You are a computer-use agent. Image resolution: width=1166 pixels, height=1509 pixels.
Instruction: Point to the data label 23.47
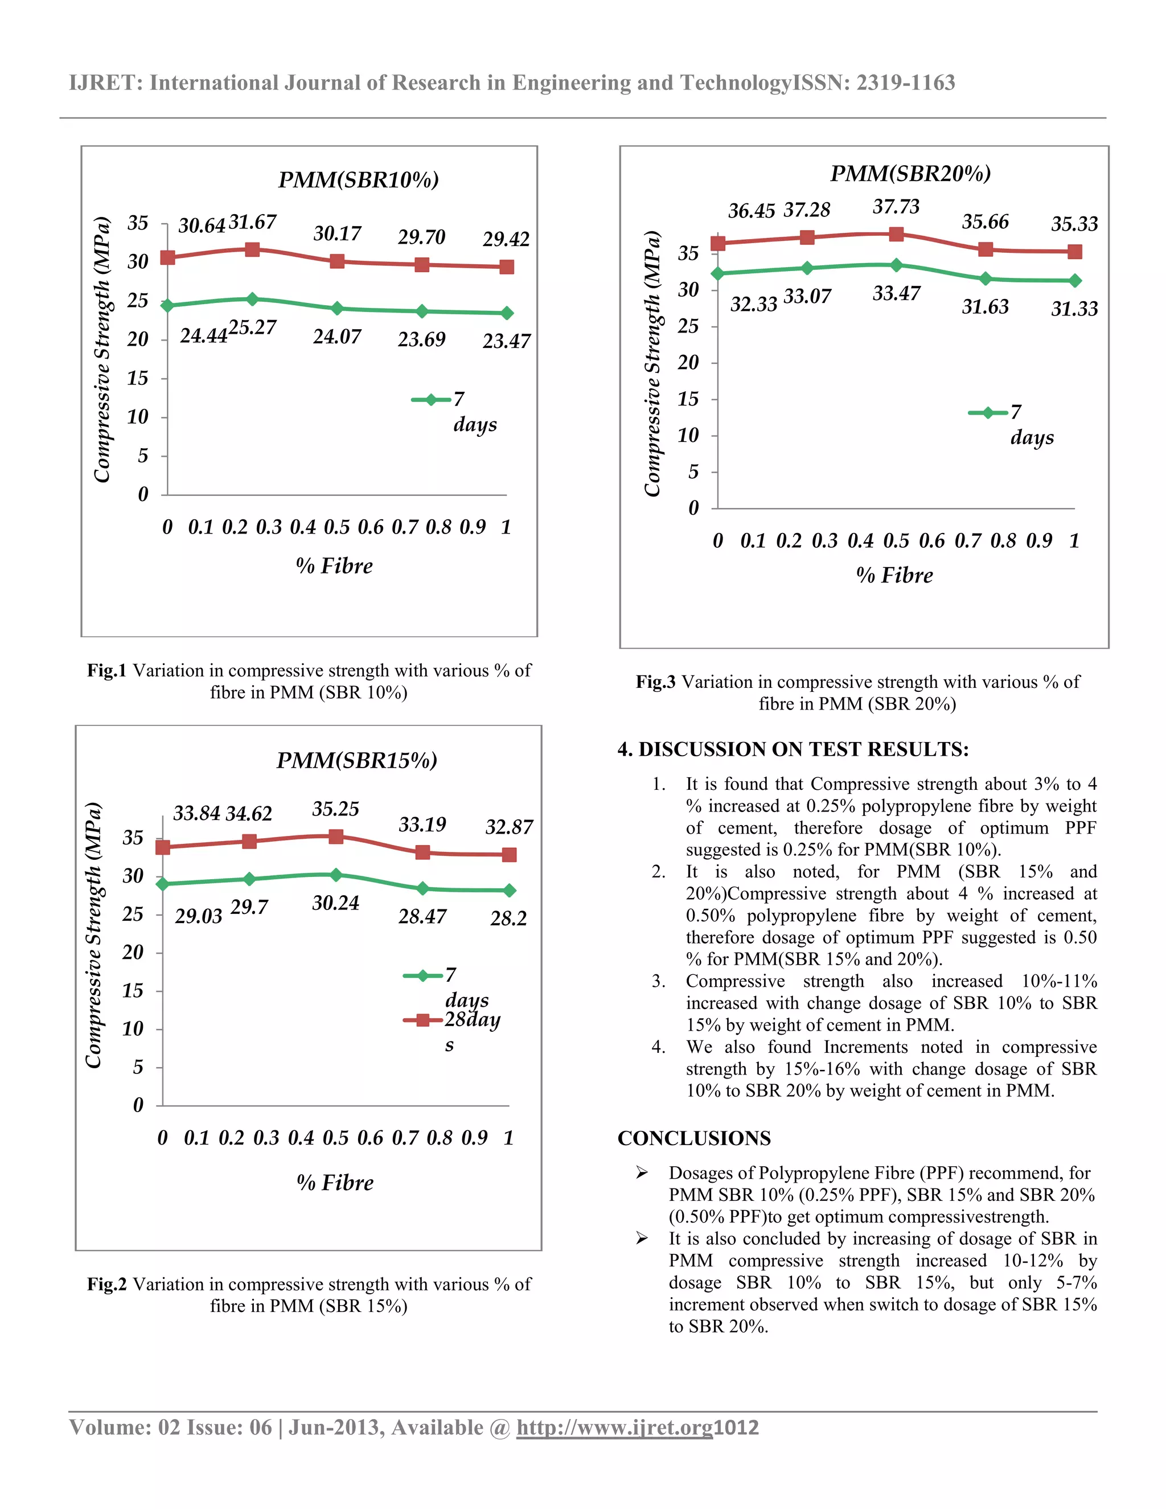click(506, 341)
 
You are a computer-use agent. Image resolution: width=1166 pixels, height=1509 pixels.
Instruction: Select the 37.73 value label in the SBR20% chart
click(896, 207)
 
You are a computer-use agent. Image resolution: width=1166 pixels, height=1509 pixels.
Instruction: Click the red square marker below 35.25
click(336, 836)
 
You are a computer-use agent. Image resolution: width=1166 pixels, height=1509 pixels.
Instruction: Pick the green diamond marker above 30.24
click(336, 875)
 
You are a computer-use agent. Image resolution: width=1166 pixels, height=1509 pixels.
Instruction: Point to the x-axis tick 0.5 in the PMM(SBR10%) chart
click(336, 527)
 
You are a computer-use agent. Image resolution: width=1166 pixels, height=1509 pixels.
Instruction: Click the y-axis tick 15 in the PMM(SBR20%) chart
click(687, 399)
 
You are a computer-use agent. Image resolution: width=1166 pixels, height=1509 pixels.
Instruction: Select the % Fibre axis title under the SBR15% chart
click(335, 1182)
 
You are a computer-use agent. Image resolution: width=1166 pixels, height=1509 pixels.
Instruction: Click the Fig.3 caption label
click(655, 682)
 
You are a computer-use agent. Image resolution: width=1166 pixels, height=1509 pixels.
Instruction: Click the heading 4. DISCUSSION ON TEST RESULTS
click(793, 750)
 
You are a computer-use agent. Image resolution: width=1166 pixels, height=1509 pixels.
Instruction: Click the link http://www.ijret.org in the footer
click(614, 1428)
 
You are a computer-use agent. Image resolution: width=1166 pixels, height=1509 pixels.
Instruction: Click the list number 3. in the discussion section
click(658, 981)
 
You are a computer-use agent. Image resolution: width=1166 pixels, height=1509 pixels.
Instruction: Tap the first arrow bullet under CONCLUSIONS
click(642, 1172)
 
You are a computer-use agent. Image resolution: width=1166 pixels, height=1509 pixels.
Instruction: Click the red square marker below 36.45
click(718, 243)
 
